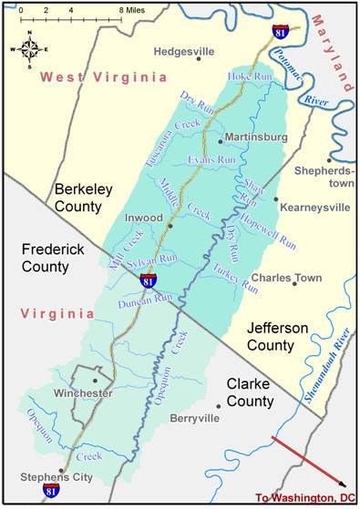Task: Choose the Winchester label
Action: [x=84, y=393]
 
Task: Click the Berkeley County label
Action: [x=88, y=198]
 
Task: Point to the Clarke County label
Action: [x=249, y=392]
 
